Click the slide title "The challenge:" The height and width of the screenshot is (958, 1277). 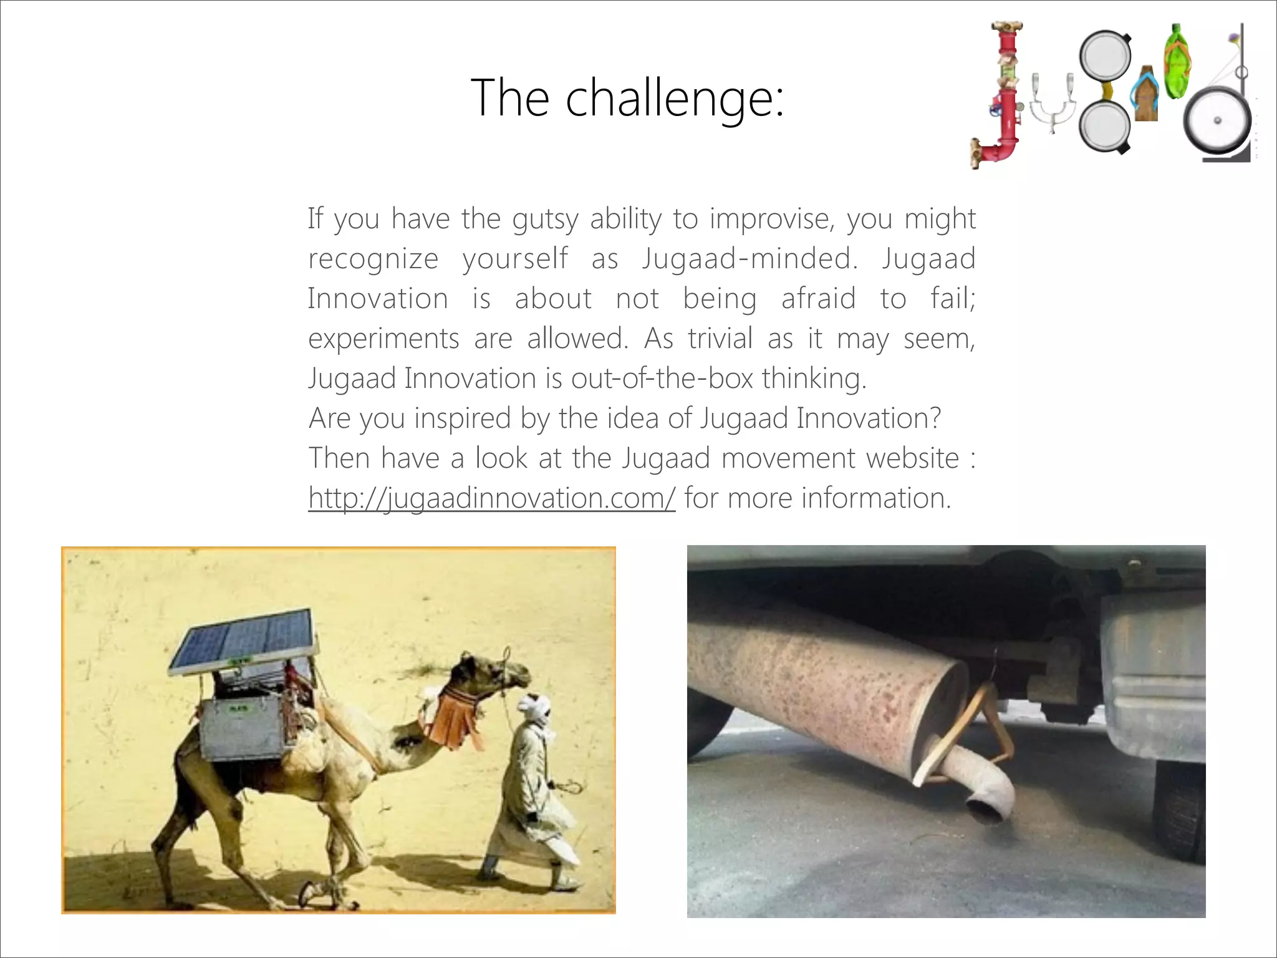click(x=627, y=98)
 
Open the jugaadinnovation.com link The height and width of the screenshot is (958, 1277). click(x=491, y=498)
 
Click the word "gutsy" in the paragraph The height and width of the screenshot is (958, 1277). click(x=545, y=219)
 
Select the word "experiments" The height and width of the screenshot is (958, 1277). click(x=383, y=339)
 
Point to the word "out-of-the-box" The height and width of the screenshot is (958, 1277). click(x=662, y=379)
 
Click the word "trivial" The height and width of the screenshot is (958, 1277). click(x=720, y=339)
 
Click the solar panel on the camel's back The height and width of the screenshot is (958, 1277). click(x=243, y=641)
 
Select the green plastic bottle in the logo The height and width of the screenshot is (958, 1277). click(x=1177, y=62)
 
